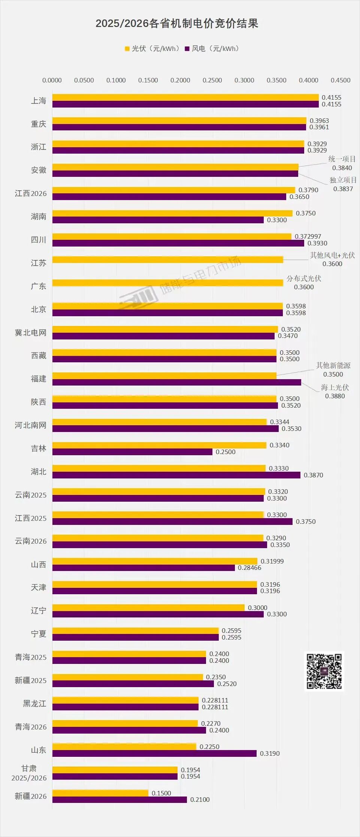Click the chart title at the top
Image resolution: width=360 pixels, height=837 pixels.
click(177, 24)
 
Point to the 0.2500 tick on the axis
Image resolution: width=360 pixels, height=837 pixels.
click(212, 80)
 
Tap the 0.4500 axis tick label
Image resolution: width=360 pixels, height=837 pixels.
click(341, 80)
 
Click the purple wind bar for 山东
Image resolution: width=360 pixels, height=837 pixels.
click(154, 753)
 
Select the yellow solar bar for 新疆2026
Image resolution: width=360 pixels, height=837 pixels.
click(100, 793)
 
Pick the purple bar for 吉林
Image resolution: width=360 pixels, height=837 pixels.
click(132, 452)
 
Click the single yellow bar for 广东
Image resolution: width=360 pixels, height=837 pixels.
click(167, 283)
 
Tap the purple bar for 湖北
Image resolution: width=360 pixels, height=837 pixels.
click(176, 475)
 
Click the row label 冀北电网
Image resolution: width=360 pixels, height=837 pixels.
click(31, 333)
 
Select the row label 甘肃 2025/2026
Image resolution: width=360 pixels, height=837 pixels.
click(29, 773)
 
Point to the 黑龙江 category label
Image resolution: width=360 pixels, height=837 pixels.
click(34, 704)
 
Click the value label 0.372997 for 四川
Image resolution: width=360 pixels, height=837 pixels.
click(308, 236)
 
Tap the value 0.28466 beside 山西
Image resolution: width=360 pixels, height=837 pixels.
click(249, 568)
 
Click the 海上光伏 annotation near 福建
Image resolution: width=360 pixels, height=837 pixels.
click(335, 387)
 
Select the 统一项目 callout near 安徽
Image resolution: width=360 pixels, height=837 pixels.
click(342, 159)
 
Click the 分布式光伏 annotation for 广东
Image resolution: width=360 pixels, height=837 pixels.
click(304, 278)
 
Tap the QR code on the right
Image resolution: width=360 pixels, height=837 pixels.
click(324, 671)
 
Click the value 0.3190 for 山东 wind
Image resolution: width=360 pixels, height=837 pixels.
click(270, 753)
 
